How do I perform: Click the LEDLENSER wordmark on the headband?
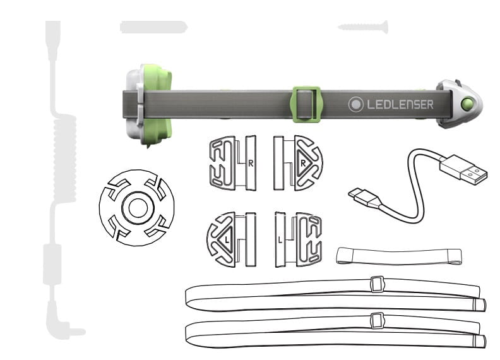[400, 104]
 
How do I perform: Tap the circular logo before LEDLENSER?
[356, 104]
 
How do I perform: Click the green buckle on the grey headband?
[306, 104]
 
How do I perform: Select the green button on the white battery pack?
[467, 104]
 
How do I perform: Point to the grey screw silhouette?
[363, 27]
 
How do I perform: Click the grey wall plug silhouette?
[153, 27]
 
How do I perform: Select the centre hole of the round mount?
[138, 208]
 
